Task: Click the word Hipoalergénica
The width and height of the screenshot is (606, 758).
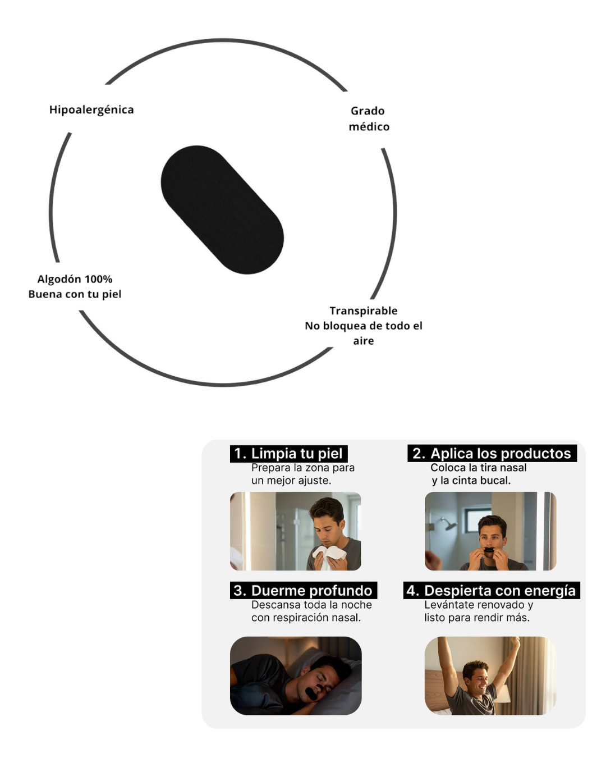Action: pos(91,109)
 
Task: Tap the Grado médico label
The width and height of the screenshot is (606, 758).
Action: pos(369,118)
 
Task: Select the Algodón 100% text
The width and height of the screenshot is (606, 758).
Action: pos(75,279)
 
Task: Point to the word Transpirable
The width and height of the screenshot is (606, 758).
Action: pos(363,310)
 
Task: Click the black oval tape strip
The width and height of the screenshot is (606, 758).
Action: pos(222,210)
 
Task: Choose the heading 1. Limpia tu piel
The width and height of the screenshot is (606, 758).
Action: pos(288,454)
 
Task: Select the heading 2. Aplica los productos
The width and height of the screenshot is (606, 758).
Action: pos(492,454)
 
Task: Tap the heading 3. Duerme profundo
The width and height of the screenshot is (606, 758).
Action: pos(303,591)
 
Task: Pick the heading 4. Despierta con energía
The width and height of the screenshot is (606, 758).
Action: pos(491,591)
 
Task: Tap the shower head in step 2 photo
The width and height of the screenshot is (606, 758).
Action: pos(448,524)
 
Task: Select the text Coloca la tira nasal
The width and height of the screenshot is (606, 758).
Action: pos(478,468)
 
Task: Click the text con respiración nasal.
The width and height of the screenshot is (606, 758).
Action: pos(306,618)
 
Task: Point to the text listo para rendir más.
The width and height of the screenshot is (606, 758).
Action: pos(476,618)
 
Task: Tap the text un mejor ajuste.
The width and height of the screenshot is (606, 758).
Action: pos(291,481)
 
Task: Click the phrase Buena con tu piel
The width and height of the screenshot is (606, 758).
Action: pos(75,294)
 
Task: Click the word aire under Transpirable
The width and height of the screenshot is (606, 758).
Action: pos(363,341)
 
